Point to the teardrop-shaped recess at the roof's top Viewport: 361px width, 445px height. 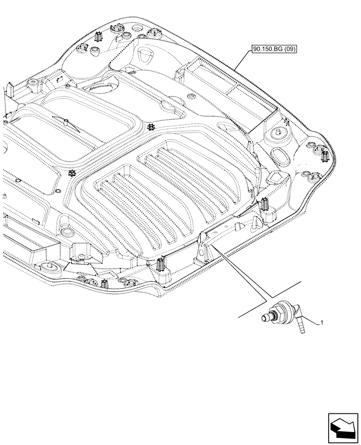tap(146, 57)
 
